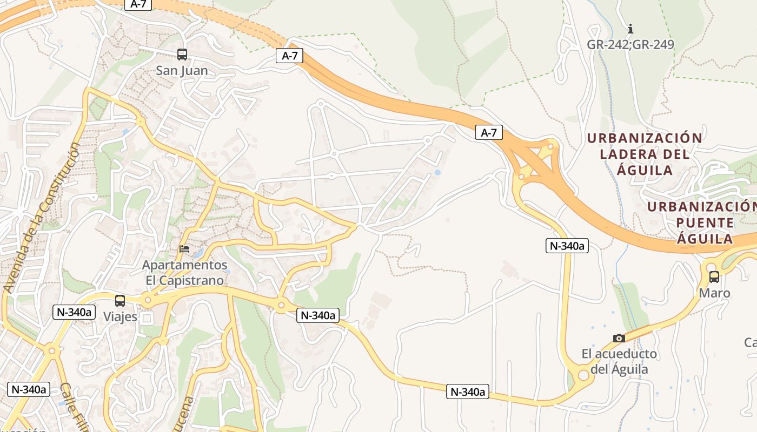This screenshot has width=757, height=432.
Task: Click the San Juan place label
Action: coord(182,71)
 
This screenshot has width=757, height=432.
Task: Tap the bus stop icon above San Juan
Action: coord(182,54)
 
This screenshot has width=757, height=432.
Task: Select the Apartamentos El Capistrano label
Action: coord(184,273)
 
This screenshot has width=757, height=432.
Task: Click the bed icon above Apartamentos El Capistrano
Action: coord(184,249)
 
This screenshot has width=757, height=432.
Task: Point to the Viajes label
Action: coord(120,316)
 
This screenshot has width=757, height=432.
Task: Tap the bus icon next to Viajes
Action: coord(120,301)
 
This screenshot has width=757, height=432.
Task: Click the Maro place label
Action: coord(714,293)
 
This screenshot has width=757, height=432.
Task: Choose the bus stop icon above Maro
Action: coord(714,277)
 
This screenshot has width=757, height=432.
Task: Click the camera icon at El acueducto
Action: coord(619,338)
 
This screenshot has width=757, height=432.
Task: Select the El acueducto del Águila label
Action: coord(619,362)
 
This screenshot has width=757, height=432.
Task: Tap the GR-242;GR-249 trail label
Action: coord(630,44)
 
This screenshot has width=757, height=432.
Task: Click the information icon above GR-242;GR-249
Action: coord(630,29)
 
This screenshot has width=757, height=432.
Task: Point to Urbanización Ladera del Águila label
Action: coord(645,154)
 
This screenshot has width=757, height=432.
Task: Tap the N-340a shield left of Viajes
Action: coord(74,312)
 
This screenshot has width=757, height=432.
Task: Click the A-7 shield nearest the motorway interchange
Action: coord(489,132)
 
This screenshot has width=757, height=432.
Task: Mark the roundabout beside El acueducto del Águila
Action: coord(583,375)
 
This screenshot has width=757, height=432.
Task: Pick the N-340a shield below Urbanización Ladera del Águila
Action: coord(567,246)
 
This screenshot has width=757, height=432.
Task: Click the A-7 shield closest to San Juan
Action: coord(289,56)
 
